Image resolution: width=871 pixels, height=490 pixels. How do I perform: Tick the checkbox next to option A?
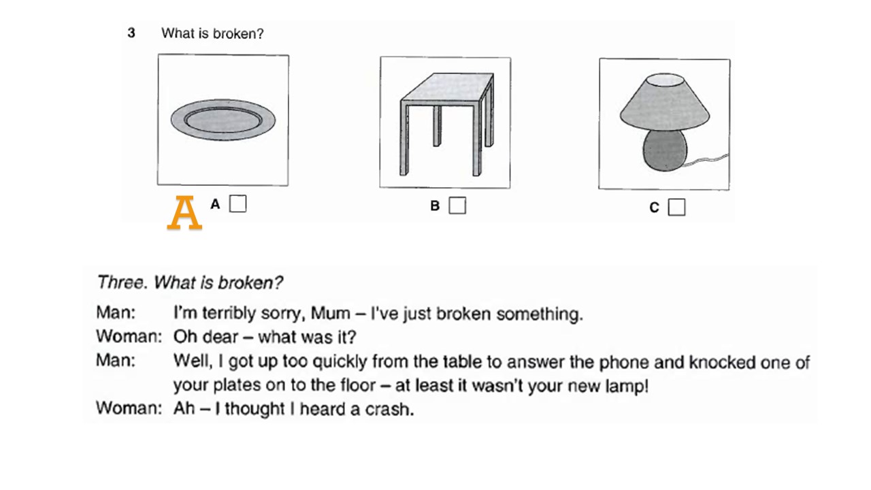click(237, 203)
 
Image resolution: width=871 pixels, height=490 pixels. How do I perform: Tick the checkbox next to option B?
click(458, 206)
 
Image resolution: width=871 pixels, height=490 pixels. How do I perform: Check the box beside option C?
click(676, 208)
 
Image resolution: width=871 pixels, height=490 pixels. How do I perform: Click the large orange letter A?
click(184, 213)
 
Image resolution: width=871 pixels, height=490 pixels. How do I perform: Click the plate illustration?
click(223, 120)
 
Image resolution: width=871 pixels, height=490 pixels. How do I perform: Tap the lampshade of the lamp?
click(664, 103)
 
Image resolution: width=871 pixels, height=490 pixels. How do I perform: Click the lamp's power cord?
click(708, 162)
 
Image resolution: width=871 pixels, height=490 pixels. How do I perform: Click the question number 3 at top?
click(131, 33)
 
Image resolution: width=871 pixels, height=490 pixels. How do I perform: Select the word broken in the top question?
click(237, 33)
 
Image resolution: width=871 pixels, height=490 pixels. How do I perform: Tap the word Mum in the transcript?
click(329, 314)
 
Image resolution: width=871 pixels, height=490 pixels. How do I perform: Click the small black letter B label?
click(435, 206)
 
